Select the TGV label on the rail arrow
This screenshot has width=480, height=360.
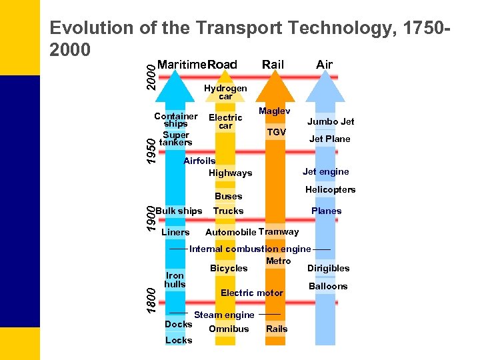(276, 132)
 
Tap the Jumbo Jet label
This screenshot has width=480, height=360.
(330, 121)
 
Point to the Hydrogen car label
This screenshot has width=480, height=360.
(225, 92)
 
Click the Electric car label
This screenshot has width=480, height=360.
(225, 121)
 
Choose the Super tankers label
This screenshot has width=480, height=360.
(176, 138)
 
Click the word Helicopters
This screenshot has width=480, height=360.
(330, 190)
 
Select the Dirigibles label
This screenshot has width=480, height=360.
(328, 268)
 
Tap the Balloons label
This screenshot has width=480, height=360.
(328, 286)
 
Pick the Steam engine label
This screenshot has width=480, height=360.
(224, 315)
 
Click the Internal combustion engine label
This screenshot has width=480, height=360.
(250, 249)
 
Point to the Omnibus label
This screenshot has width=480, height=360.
(229, 329)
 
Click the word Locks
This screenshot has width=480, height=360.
(178, 340)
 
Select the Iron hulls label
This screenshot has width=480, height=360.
(175, 279)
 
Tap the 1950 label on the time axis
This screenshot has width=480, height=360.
(151, 150)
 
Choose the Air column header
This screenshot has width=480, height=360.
(324, 65)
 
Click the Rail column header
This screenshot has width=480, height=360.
(273, 65)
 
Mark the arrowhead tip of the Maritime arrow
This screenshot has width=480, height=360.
(174, 72)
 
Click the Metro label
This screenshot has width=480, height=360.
(278, 261)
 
